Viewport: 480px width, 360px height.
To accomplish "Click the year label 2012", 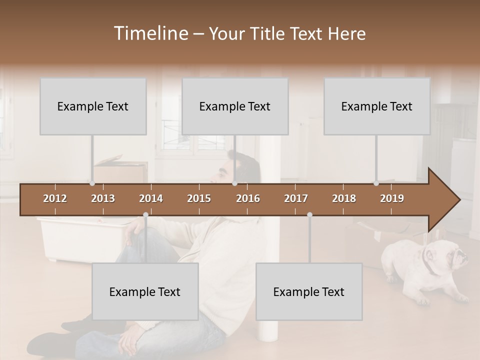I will tap(55, 198).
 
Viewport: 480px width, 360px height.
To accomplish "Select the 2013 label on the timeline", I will tap(103, 198).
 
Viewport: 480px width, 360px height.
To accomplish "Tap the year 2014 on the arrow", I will tap(151, 198).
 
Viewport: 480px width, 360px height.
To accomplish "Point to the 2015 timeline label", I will tap(199, 198).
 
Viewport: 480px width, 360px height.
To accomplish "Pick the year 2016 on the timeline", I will tap(248, 198).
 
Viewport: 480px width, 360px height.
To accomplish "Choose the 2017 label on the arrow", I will tap(296, 198).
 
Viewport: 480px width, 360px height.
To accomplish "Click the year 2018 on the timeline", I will tap(344, 198).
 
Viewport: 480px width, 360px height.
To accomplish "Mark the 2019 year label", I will tap(392, 198).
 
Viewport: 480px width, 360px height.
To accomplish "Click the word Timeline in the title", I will tap(150, 33).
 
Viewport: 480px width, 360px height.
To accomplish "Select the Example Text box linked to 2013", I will tap(93, 106).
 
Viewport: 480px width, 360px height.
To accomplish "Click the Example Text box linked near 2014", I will tap(145, 291).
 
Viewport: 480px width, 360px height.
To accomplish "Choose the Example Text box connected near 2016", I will tap(235, 106).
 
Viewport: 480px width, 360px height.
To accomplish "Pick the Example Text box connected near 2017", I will tap(309, 291).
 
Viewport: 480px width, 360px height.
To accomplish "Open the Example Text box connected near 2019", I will tap(377, 106).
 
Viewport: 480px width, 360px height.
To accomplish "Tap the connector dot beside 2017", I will tap(309, 215).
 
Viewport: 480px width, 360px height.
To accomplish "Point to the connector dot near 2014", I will tap(145, 215).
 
